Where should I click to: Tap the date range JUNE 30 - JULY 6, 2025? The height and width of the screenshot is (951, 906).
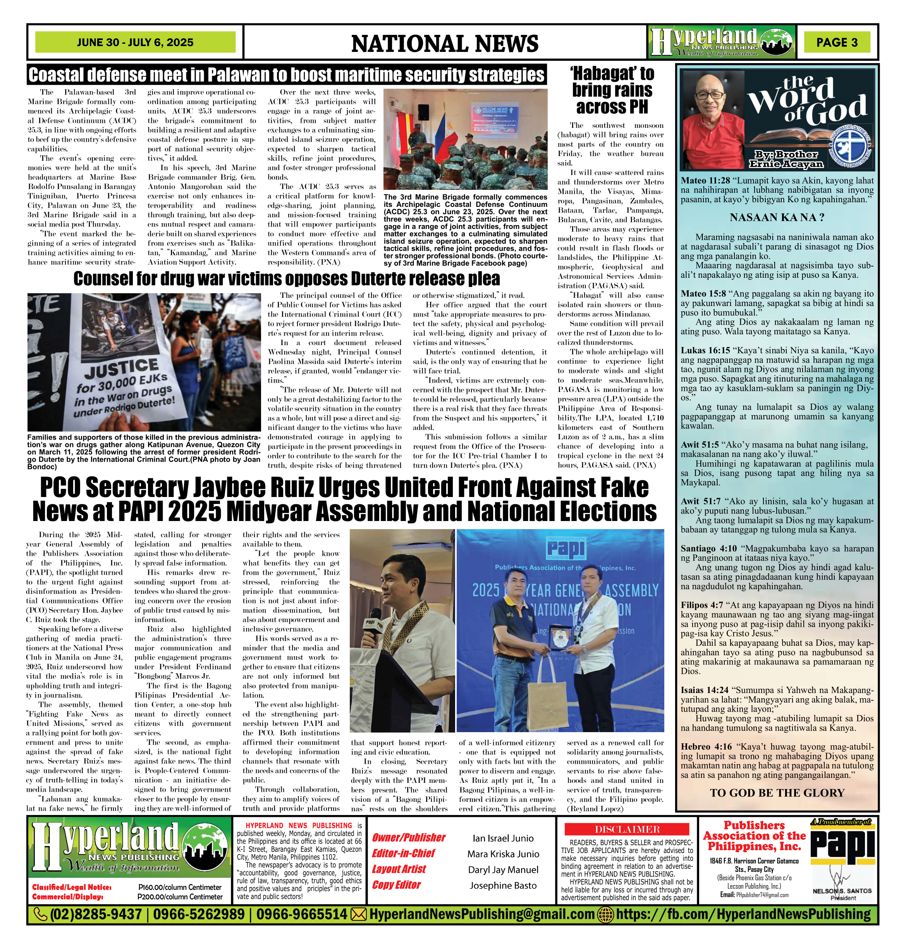tap(135, 43)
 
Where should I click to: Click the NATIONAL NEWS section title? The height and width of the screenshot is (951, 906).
tap(444, 44)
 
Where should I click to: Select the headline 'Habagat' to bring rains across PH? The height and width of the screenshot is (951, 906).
tap(612, 90)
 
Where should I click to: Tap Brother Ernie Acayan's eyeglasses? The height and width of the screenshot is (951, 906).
tap(710, 96)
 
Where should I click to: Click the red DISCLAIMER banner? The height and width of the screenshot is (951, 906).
tap(627, 829)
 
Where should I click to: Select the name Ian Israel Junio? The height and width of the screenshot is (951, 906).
tap(503, 838)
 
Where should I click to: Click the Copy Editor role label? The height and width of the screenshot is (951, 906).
tap(396, 885)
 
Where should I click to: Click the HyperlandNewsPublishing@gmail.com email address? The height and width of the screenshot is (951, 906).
tap(481, 914)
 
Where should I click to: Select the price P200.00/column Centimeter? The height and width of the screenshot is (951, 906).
tap(180, 897)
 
